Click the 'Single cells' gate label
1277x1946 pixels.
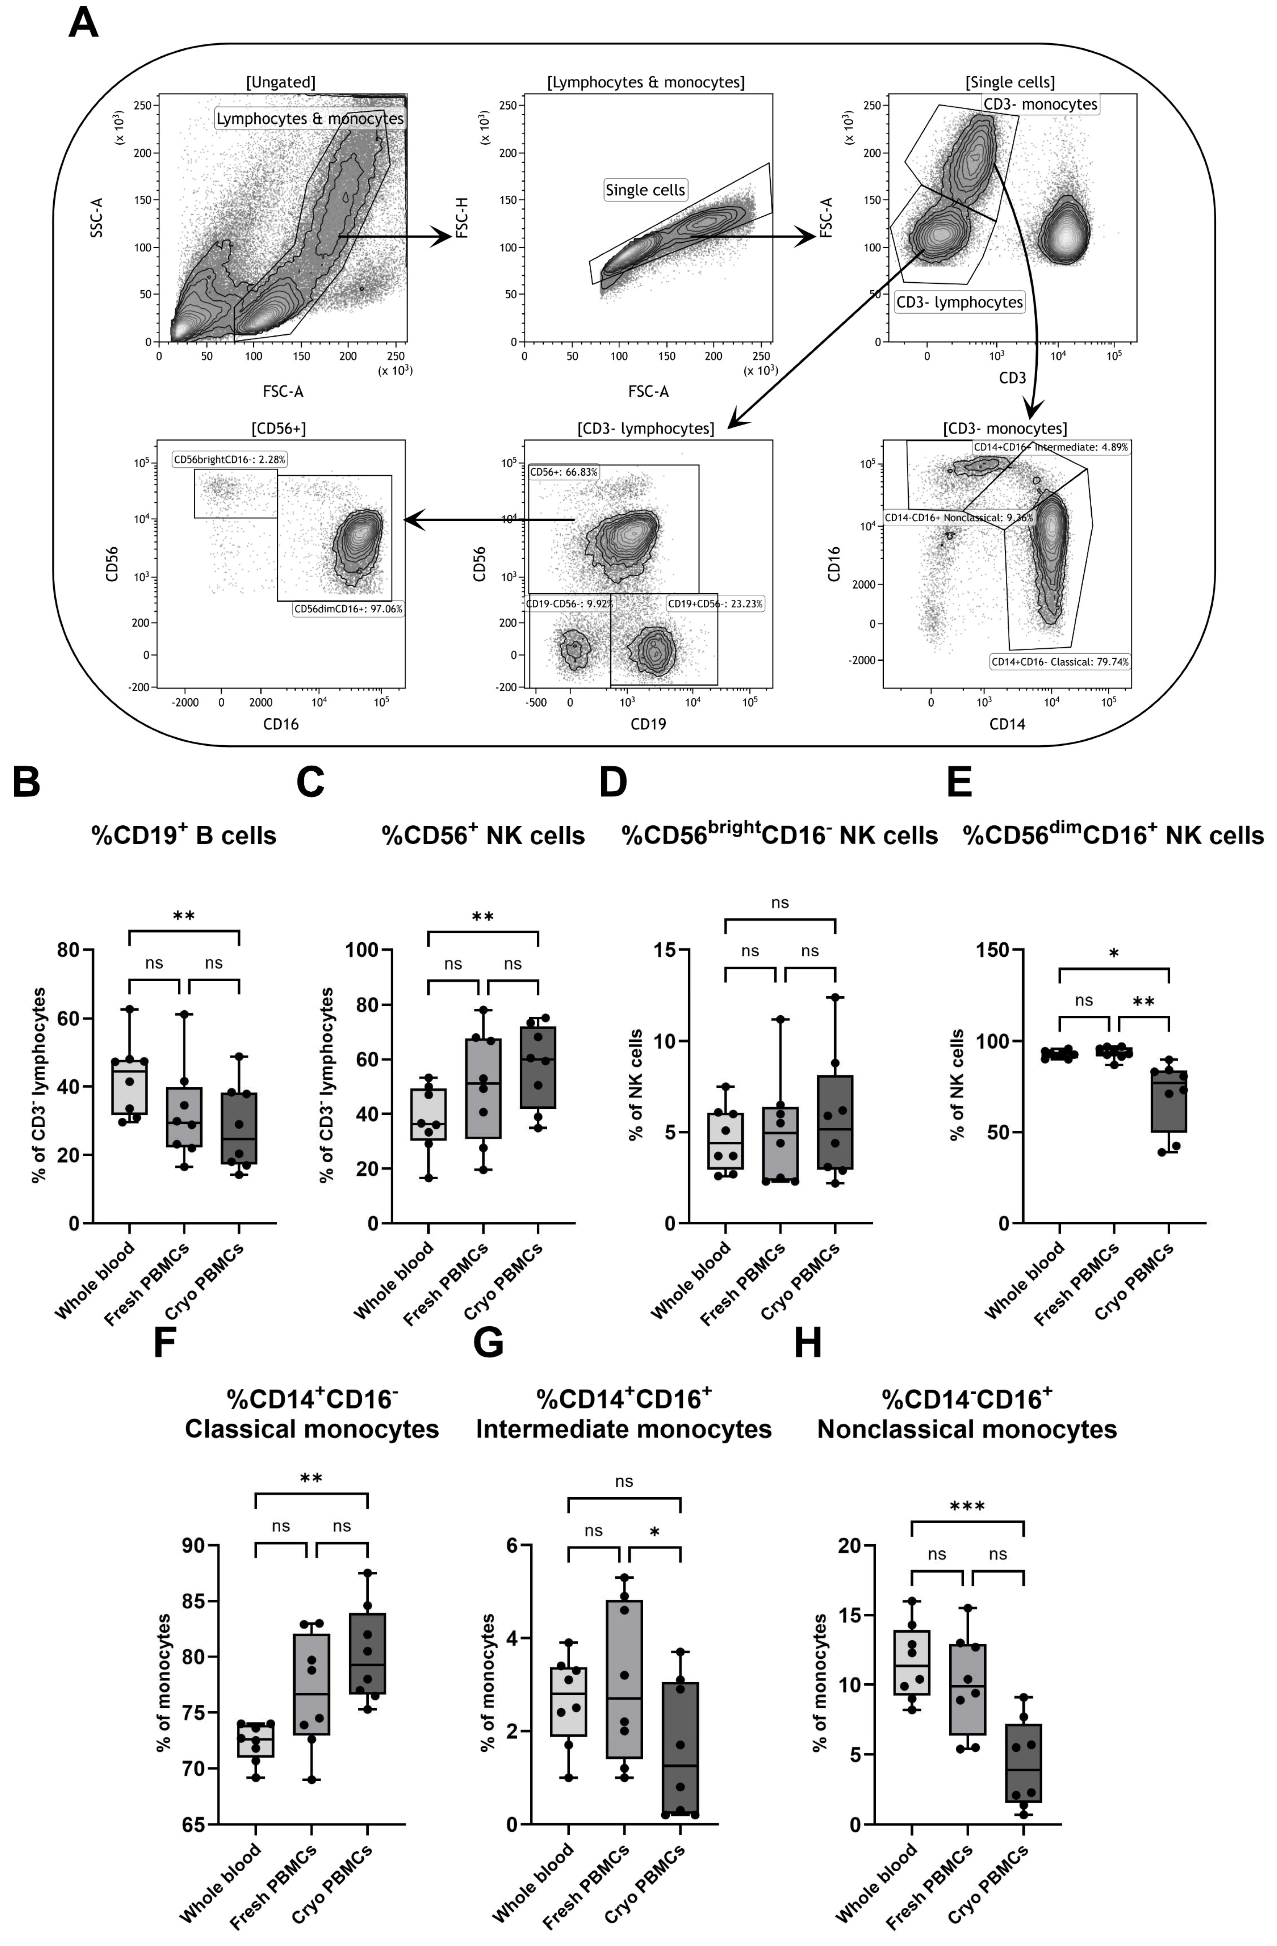645,190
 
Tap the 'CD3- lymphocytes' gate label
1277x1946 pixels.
959,302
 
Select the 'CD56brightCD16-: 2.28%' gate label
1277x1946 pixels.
230,460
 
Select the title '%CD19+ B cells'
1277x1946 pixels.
184,836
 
